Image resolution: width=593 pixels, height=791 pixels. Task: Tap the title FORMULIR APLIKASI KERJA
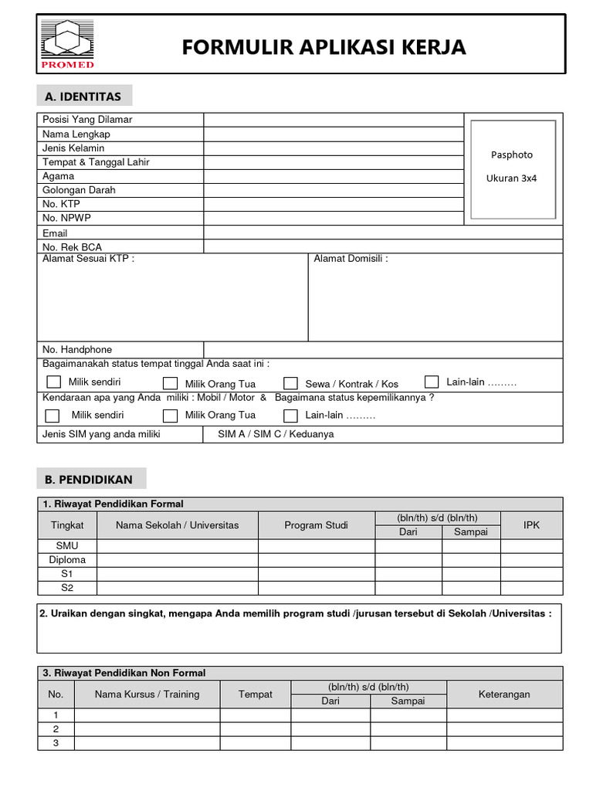pyautogui.click(x=324, y=48)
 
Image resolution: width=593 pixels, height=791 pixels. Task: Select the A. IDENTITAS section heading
pyautogui.click(x=84, y=97)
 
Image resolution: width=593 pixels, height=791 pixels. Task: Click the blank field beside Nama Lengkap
pyautogui.click(x=333, y=134)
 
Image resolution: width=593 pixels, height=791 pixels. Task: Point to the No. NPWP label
pyautogui.click(x=67, y=218)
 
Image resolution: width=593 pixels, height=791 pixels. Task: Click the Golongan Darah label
pyautogui.click(x=79, y=190)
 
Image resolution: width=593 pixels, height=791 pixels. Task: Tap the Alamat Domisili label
pyautogui.click(x=351, y=259)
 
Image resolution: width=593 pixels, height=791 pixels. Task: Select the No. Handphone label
pyautogui.click(x=77, y=350)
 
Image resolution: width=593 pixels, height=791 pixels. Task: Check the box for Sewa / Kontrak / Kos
pyautogui.click(x=290, y=383)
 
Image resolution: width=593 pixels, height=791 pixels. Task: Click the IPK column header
pyautogui.click(x=531, y=525)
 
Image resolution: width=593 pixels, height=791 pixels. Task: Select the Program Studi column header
pyautogui.click(x=316, y=525)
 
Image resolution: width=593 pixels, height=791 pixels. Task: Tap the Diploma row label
pyautogui.click(x=68, y=560)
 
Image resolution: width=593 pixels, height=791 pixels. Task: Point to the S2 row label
pyautogui.click(x=68, y=588)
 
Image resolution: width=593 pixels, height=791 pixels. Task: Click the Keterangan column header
pyautogui.click(x=504, y=694)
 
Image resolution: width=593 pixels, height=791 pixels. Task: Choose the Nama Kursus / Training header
pyautogui.click(x=147, y=694)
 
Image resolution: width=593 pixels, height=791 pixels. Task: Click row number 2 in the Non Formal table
pyautogui.click(x=56, y=729)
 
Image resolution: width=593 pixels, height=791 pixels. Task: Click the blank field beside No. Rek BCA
pyautogui.click(x=383, y=246)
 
